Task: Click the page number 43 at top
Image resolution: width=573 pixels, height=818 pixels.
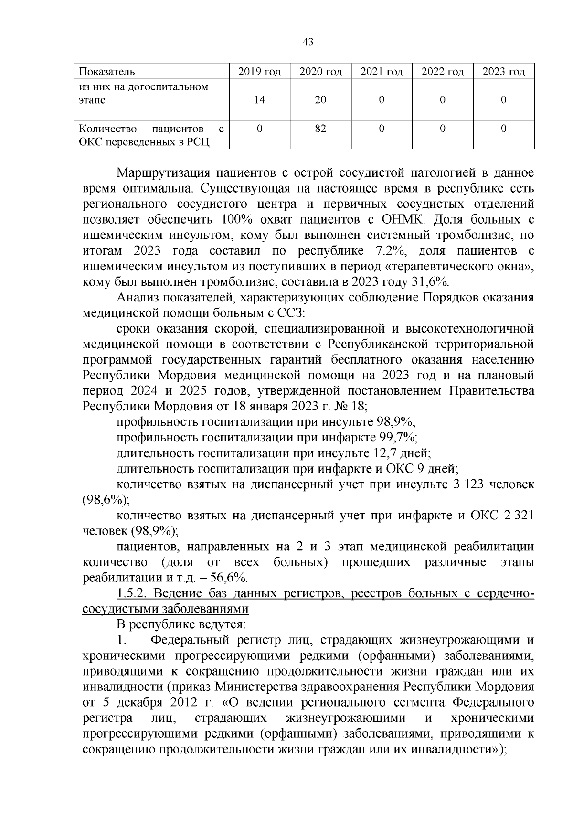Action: [x=308, y=42]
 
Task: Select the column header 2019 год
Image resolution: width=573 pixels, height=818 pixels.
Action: [x=259, y=72]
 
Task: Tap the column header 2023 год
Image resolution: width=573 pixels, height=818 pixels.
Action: [x=503, y=72]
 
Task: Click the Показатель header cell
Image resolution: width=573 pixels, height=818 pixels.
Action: [x=106, y=72]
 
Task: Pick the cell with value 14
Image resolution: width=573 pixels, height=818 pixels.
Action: [x=259, y=100]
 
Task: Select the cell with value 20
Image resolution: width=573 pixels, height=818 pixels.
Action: [x=320, y=100]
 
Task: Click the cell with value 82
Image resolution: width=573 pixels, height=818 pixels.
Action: [x=320, y=129]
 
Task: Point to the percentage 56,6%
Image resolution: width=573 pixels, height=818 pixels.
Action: [x=229, y=577]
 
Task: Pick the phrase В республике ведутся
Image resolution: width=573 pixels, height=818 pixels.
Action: [x=181, y=624]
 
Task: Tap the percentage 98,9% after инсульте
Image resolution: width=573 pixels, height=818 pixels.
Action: [x=396, y=421]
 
